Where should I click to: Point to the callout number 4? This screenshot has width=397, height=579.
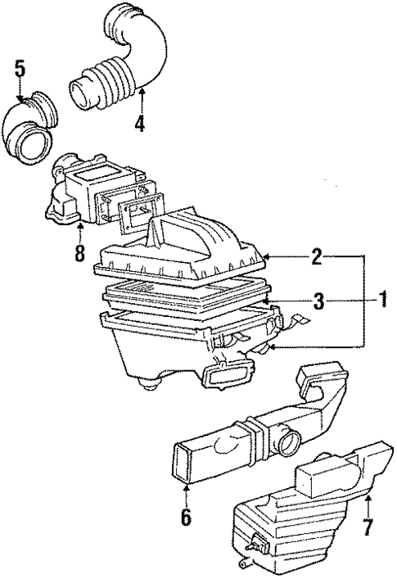(140, 126)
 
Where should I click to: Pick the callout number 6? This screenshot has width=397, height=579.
(186, 518)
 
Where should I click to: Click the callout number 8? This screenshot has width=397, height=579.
(79, 253)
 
